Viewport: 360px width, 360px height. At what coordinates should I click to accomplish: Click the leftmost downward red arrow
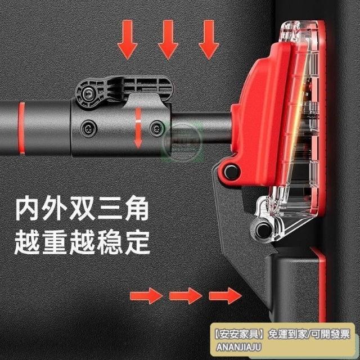click(128, 39)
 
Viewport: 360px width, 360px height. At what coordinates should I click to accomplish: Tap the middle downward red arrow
click(168, 39)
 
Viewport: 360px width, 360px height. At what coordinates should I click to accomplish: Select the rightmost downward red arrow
click(209, 39)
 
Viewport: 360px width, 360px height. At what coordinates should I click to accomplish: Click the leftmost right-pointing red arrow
click(146, 296)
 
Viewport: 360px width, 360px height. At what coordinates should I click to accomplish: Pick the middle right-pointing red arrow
click(186, 296)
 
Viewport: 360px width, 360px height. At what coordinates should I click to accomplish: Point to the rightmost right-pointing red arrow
click(225, 296)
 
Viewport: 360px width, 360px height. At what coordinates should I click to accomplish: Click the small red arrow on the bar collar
click(138, 128)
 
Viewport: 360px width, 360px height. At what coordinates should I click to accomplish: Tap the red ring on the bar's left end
click(21, 128)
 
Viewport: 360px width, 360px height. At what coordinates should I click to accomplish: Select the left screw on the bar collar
click(88, 128)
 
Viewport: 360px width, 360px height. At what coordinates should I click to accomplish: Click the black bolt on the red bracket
click(231, 171)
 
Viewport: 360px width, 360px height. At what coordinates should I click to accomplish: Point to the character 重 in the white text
click(55, 242)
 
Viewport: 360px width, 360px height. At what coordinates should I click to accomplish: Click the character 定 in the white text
click(137, 242)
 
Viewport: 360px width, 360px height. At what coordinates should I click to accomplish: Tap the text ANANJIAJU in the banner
click(238, 347)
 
